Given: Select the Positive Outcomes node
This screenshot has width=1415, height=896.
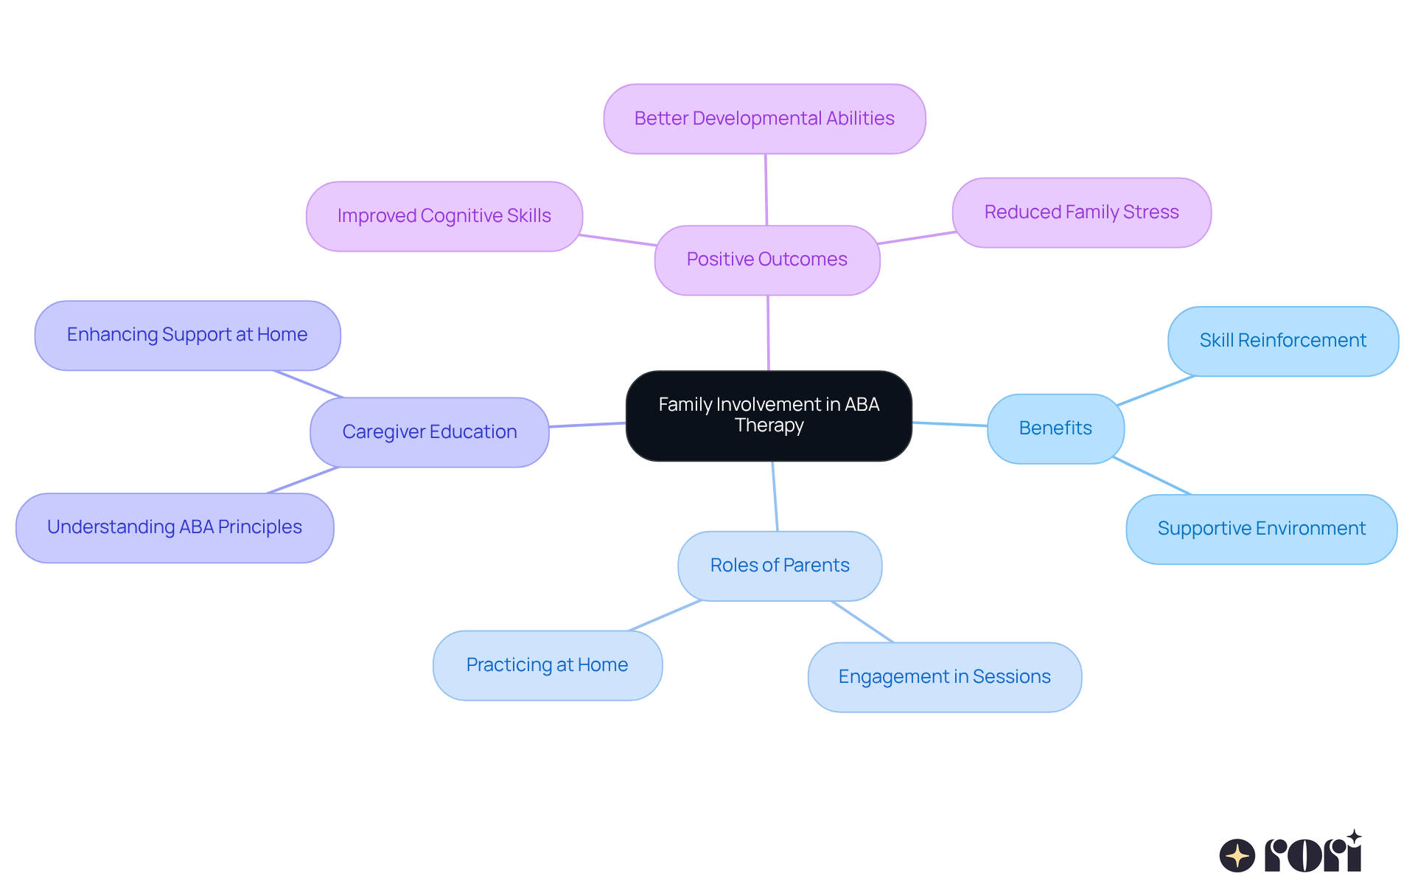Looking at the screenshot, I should (x=767, y=260).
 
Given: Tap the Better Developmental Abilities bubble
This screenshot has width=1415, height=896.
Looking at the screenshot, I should (x=764, y=119).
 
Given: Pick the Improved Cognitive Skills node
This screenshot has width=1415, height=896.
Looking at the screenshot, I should (x=444, y=216).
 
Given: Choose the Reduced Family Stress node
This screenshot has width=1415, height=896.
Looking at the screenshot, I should (x=1081, y=212).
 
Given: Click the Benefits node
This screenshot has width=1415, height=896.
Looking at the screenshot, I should (x=1055, y=428).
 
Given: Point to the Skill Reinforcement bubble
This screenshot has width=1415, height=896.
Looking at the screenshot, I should (x=1282, y=341).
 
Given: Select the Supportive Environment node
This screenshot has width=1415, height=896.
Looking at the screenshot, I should (x=1261, y=529).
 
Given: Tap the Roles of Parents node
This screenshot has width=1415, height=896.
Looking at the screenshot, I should (x=780, y=566).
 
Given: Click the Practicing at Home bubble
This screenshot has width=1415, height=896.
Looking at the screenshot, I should (x=547, y=665).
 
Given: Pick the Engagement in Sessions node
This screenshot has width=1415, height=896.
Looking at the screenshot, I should (x=944, y=677).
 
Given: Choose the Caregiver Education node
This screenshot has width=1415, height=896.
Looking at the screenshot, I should (x=430, y=432).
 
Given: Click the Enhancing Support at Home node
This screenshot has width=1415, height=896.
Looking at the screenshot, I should (x=187, y=335).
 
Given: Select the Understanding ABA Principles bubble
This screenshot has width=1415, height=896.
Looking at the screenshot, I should (x=175, y=527).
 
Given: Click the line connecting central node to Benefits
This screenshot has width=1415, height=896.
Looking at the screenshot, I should (x=949, y=424).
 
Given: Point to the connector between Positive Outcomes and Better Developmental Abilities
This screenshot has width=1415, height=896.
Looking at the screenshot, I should (x=766, y=190).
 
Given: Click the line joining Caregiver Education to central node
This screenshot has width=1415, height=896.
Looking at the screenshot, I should (x=587, y=425).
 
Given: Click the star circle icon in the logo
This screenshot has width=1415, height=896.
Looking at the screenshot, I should (x=1237, y=855).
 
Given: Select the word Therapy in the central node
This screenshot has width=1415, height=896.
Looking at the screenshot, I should (x=769, y=426).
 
